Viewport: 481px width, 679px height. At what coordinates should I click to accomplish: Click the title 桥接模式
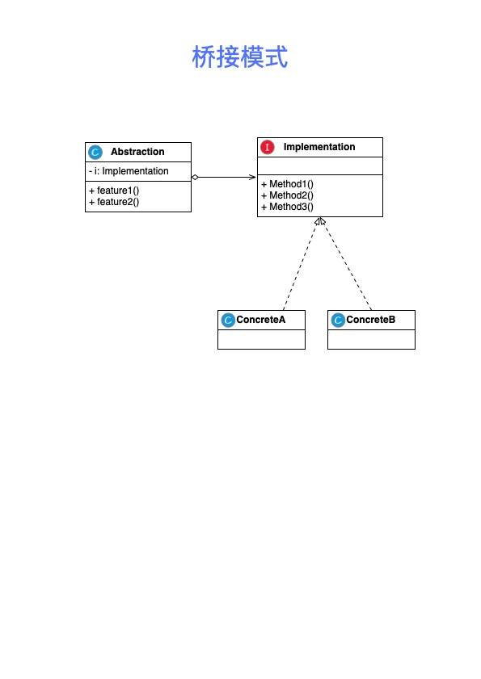(x=240, y=57)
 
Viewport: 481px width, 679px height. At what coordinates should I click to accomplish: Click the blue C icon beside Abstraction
(x=95, y=152)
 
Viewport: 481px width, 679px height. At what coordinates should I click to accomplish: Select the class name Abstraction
(x=137, y=152)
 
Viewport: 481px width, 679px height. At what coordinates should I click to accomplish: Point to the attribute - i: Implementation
(x=129, y=171)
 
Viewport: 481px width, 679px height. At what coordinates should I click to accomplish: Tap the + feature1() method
(x=114, y=191)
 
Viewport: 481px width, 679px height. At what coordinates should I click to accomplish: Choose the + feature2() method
(x=114, y=202)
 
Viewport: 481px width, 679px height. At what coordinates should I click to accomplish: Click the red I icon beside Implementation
(x=267, y=147)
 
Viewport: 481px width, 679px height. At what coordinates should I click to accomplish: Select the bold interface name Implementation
(x=319, y=147)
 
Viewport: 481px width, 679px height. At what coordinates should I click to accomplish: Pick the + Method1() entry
(x=287, y=184)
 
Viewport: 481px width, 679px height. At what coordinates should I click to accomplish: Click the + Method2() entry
(x=287, y=195)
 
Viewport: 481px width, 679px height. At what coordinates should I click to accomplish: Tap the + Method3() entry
(x=287, y=207)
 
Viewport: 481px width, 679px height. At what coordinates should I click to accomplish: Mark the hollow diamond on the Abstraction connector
(x=195, y=177)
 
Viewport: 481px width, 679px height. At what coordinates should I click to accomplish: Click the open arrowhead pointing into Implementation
(x=252, y=177)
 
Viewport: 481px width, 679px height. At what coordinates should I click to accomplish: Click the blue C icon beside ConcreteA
(x=228, y=320)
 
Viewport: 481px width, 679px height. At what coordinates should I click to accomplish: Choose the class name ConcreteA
(x=260, y=320)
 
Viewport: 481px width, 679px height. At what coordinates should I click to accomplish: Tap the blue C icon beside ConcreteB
(x=337, y=320)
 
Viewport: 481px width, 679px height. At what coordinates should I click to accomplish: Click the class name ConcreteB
(x=370, y=320)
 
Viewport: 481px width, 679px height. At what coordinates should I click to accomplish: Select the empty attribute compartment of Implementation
(x=320, y=166)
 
